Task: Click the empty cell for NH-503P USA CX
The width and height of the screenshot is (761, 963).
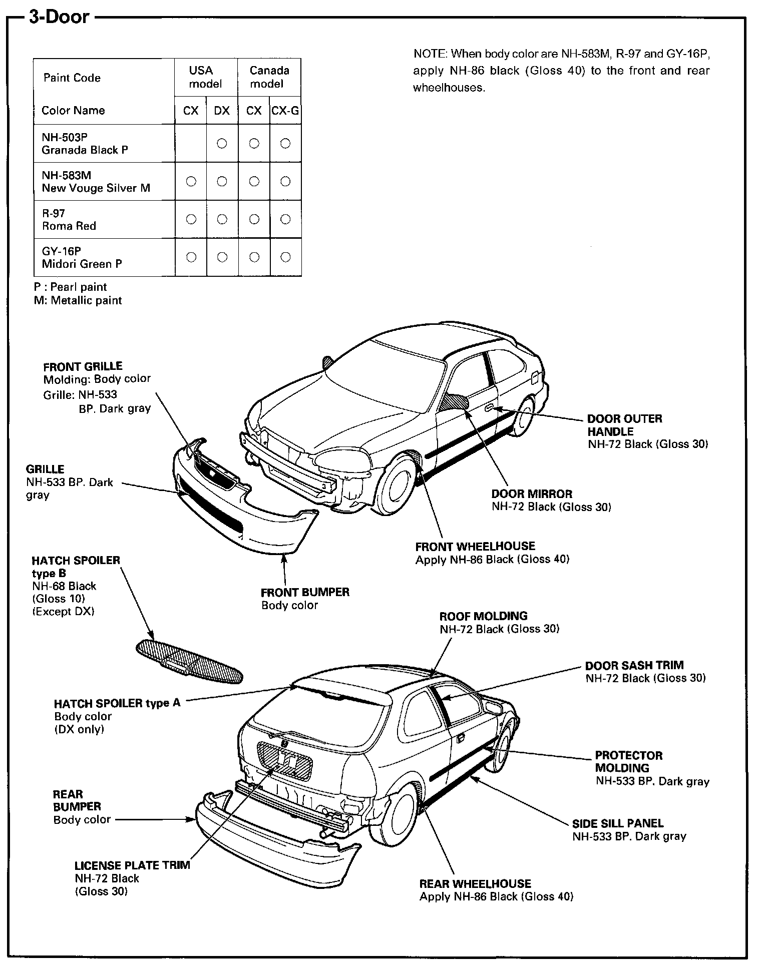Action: [191, 143]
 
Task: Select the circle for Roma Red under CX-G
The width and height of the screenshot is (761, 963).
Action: [285, 219]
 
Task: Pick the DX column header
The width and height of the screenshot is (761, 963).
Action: [222, 111]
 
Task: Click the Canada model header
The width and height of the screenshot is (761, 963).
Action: [269, 77]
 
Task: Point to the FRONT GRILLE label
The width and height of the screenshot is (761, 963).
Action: [83, 366]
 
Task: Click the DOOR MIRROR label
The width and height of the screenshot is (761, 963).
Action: [532, 494]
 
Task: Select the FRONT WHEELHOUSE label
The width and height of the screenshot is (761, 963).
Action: [475, 547]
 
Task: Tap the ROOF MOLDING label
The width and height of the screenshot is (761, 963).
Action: [483, 616]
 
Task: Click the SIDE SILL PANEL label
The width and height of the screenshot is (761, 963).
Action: [618, 824]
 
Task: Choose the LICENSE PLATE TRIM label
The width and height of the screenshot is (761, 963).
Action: [132, 865]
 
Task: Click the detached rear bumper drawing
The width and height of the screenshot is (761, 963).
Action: [275, 841]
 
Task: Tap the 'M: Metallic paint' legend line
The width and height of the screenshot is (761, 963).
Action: [78, 300]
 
